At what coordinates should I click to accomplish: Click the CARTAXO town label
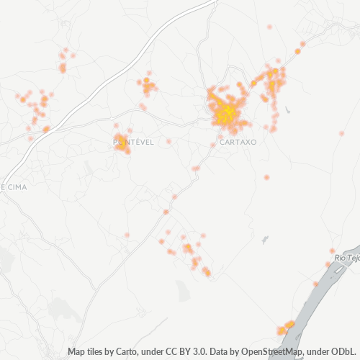coord(237,142)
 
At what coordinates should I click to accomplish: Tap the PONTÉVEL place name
coord(134,143)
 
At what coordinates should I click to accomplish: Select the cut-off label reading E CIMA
coord(13,187)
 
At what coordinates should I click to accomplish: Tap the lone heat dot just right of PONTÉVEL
coord(168,141)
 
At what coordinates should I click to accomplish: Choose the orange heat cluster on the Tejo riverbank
coord(286,328)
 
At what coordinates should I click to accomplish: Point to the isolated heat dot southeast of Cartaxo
coord(266,177)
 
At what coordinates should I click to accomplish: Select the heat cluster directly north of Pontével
coord(148,86)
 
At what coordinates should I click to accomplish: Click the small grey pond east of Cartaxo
coord(287,111)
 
